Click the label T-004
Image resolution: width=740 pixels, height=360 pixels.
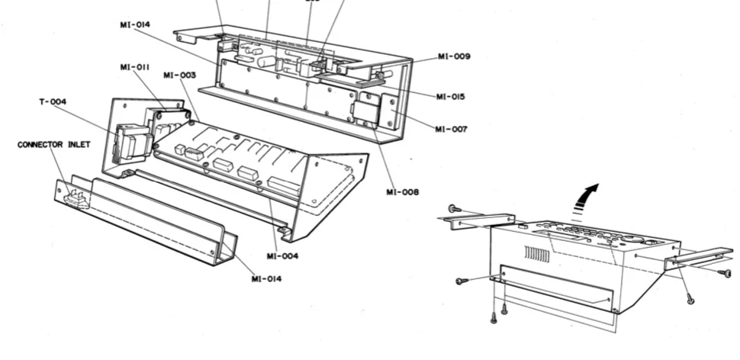pos(53,101)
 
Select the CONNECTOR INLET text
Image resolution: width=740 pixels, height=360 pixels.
pos(50,143)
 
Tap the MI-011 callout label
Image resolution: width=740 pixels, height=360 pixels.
pos(134,67)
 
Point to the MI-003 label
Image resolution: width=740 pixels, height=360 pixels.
pos(179,75)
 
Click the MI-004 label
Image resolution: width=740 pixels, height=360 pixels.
pos(282,256)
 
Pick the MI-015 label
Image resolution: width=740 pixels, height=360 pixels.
pos(451,97)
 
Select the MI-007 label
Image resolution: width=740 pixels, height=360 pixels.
pos(451,130)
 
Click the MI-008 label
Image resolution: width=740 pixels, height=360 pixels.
pos(403,192)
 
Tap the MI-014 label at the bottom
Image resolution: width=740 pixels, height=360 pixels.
pos(268,278)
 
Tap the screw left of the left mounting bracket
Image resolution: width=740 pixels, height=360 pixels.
pos(453,208)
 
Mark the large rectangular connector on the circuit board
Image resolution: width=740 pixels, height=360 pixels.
pos(285,185)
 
